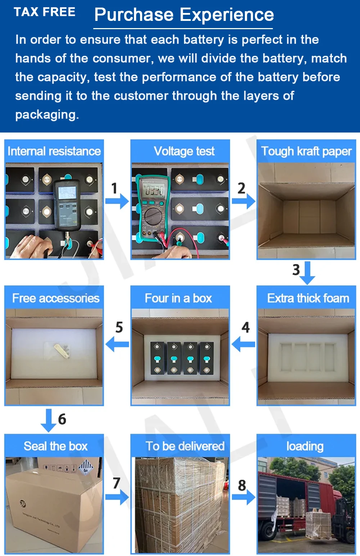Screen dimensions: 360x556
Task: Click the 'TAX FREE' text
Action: [x=45, y=12]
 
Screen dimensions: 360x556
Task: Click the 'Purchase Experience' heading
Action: [x=184, y=15]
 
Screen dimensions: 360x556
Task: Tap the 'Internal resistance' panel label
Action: [x=54, y=151]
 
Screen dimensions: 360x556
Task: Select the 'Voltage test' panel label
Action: [x=184, y=151]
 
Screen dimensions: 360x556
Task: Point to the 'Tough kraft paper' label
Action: [x=306, y=151]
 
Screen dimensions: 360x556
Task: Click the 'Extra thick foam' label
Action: [x=308, y=298]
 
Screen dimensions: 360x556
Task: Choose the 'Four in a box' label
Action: [x=179, y=298]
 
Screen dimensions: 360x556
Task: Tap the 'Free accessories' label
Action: [x=56, y=298]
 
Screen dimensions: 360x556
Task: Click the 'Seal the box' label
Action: [x=55, y=446]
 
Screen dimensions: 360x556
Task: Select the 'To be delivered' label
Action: [x=185, y=446]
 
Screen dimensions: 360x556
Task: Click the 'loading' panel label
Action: [x=305, y=447]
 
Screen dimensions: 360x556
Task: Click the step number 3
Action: [x=296, y=270]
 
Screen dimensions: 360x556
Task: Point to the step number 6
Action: [x=62, y=419]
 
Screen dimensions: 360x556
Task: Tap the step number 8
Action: [x=242, y=485]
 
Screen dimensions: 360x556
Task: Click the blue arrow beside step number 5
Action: [x=117, y=344]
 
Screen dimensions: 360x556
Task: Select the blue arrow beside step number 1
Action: [x=117, y=201]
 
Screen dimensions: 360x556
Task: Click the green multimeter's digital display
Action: [x=154, y=191]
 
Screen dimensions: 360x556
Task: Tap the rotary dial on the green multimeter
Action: [x=153, y=216]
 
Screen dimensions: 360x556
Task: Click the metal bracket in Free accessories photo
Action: [x=61, y=351]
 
